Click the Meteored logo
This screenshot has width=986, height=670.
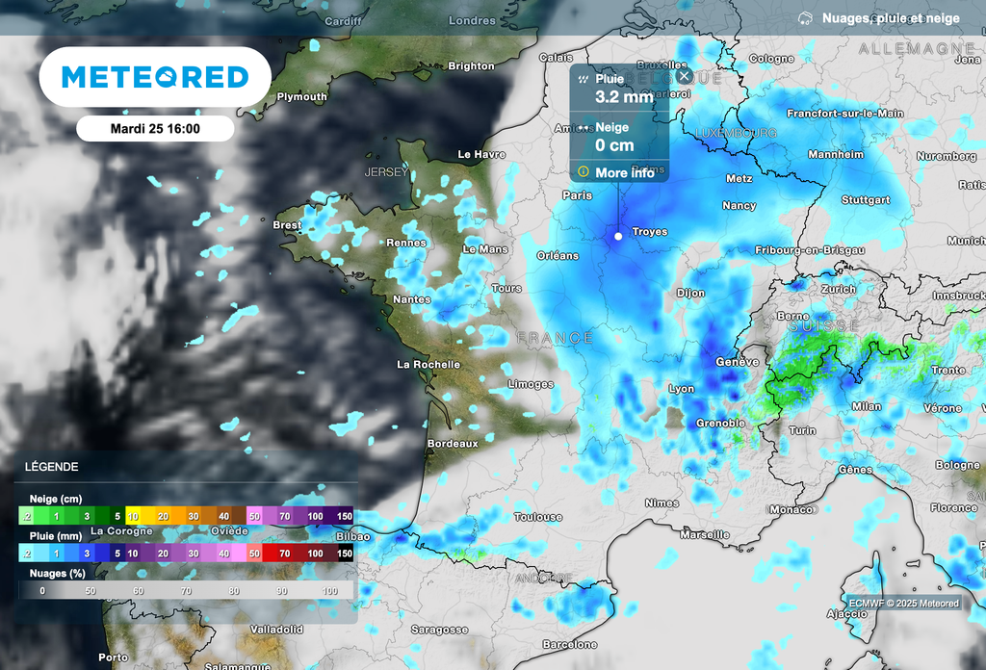(155, 77)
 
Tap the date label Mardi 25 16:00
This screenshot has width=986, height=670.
(155, 128)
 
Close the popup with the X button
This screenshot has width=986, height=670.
(684, 75)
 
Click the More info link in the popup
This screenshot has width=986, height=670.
(624, 173)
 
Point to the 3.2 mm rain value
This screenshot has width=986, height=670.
(624, 96)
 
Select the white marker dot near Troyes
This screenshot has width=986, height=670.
(618, 236)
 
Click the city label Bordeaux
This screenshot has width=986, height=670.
(453, 444)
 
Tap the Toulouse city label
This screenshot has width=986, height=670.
(537, 517)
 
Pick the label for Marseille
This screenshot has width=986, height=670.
(704, 534)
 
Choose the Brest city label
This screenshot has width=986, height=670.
(287, 225)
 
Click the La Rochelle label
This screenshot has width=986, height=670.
(428, 365)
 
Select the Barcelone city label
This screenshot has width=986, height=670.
(569, 644)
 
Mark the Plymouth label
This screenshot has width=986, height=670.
(301, 97)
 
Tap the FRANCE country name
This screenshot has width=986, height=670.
(555, 338)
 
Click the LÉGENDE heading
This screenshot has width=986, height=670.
(52, 467)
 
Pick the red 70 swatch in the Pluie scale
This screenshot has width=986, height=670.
(285, 554)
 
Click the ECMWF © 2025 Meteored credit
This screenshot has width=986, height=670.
(903, 604)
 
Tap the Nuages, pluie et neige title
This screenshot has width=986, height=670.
(890, 18)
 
